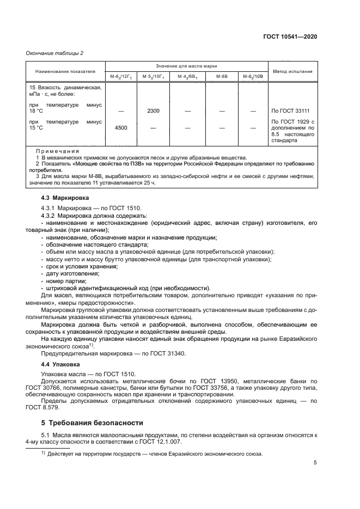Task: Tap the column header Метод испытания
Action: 292,71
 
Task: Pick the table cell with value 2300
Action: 153,111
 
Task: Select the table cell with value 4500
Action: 120,128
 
